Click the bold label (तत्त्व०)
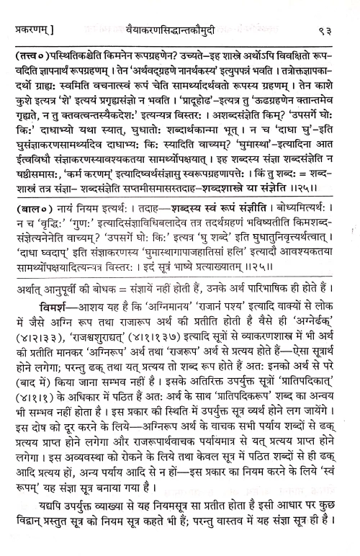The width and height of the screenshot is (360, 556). [x=30, y=54]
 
